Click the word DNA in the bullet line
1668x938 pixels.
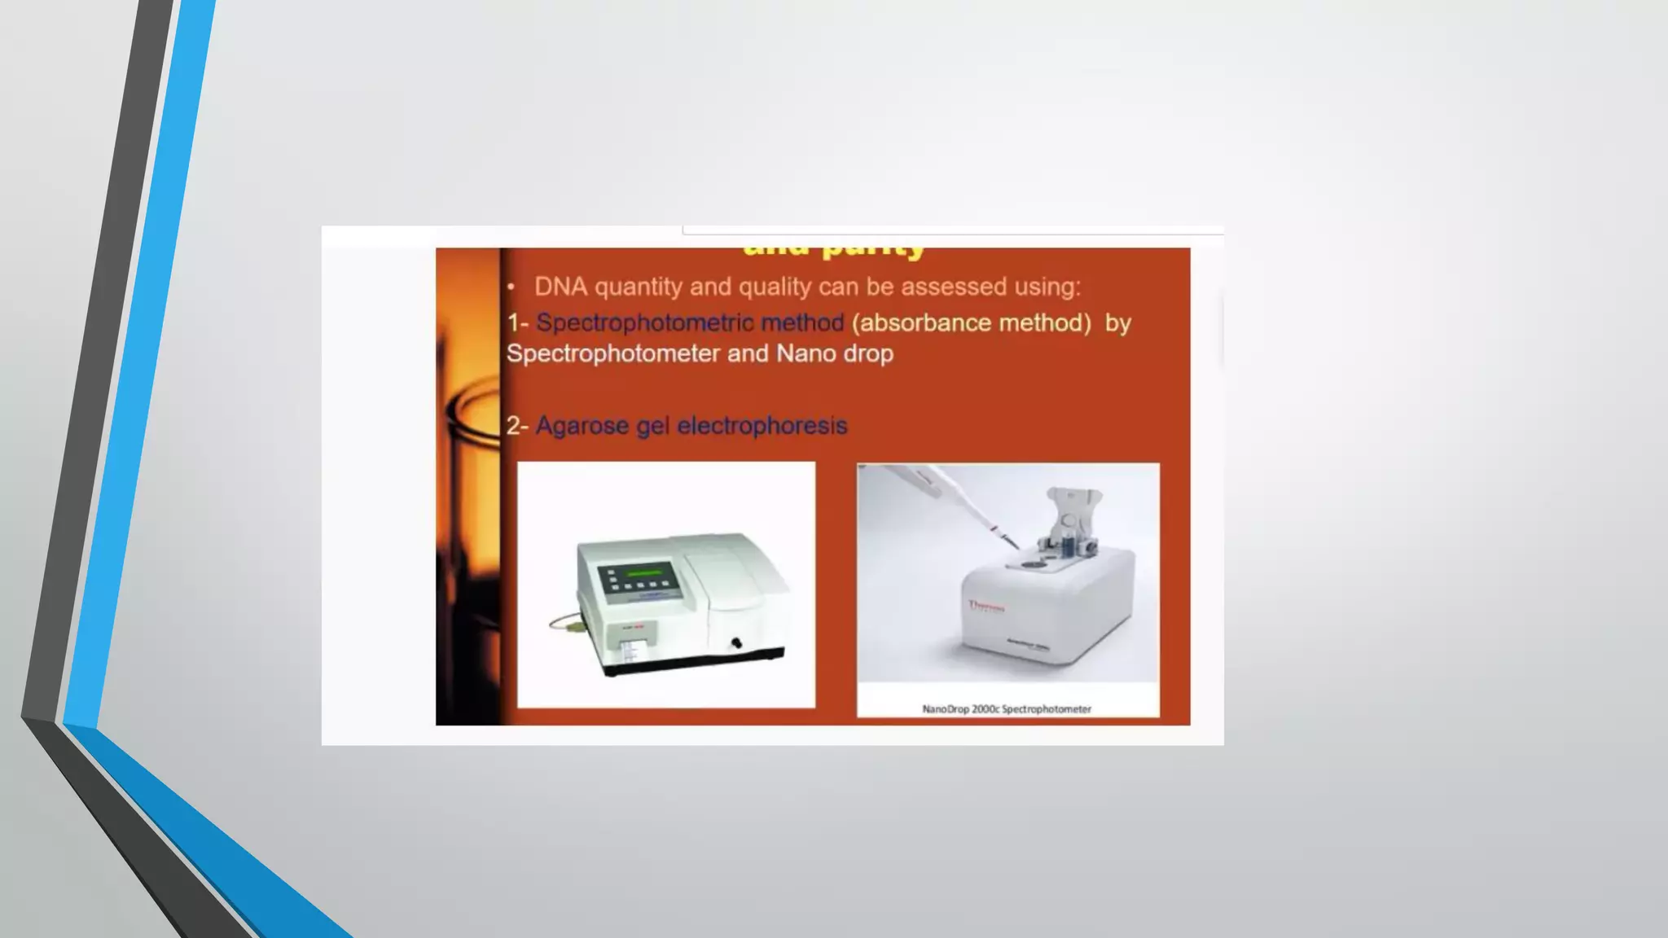click(x=560, y=287)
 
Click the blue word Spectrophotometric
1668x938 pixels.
click(x=644, y=323)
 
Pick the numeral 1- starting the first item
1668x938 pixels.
click(x=517, y=323)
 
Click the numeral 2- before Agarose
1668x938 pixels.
click(x=517, y=426)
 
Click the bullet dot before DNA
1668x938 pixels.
click(x=511, y=287)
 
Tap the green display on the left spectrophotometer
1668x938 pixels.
click(x=643, y=573)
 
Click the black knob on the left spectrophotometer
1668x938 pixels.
click(x=736, y=643)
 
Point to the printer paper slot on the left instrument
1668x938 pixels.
click(x=630, y=649)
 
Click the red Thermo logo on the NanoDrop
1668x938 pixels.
click(x=986, y=607)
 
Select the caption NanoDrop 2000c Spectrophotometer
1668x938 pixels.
click(x=1007, y=709)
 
